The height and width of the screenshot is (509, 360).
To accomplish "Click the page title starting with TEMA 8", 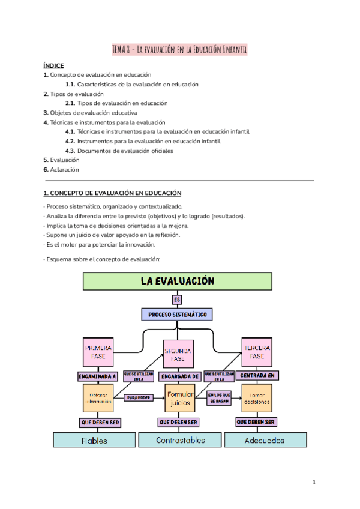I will coord(179,49).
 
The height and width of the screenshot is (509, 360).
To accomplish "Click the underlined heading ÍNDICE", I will coord(53,65).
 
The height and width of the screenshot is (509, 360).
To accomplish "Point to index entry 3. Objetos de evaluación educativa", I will coord(90,112).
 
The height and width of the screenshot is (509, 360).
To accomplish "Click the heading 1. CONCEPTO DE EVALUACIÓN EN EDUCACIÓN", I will coord(112,193).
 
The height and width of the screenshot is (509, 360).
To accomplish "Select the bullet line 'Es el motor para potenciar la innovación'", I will coord(99,244).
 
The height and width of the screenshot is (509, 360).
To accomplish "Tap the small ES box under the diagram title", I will coord(176,299).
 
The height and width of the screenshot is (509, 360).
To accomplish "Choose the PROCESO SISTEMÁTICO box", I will coord(177,314).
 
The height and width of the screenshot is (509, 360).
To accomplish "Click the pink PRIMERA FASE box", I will coord(98,352).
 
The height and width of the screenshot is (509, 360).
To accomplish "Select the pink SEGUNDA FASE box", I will coord(178,354).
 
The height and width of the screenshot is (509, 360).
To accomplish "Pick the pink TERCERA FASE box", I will coord(257,352).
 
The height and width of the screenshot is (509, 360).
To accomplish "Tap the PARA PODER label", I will coord(139,397).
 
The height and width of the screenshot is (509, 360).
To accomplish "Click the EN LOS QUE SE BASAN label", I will coord(218,398).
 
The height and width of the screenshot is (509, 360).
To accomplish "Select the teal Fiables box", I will coord(94,440).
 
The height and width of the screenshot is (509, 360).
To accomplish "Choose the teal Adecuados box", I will coord(265,440).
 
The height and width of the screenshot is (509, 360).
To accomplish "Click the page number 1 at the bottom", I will coord(314,482).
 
